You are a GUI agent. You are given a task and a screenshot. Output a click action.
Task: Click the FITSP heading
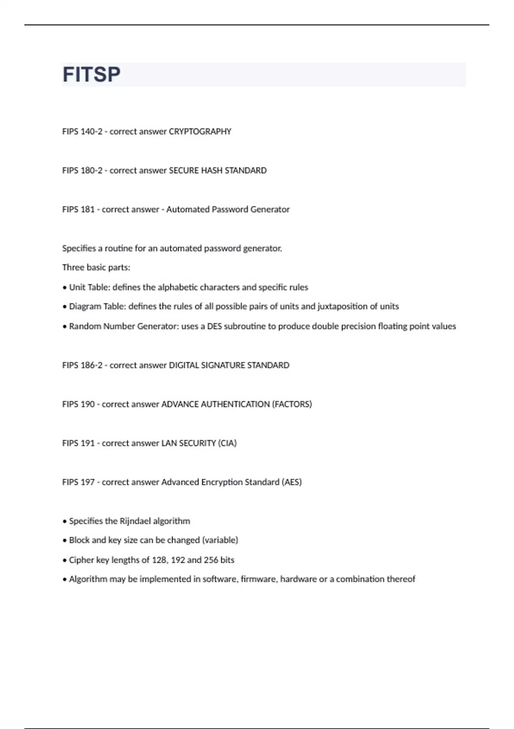[x=91, y=75]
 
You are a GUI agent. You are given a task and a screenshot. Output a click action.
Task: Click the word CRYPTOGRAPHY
[x=200, y=132]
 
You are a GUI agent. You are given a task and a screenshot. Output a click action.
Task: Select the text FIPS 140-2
[x=82, y=132]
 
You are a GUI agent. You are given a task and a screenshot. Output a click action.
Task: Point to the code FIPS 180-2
[x=82, y=171]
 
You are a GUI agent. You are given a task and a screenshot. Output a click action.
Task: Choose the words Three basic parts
[x=96, y=268]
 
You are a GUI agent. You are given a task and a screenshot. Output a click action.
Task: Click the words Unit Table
[x=89, y=287]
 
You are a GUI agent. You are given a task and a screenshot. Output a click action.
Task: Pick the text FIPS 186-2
[x=82, y=365]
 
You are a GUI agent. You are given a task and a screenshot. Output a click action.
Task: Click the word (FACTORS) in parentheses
[x=292, y=404]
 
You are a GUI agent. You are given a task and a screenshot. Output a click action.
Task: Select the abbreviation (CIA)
[x=227, y=443]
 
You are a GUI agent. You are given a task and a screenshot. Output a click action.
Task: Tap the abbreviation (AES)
[x=292, y=482]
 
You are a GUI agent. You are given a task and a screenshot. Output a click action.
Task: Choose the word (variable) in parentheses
[x=220, y=540]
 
